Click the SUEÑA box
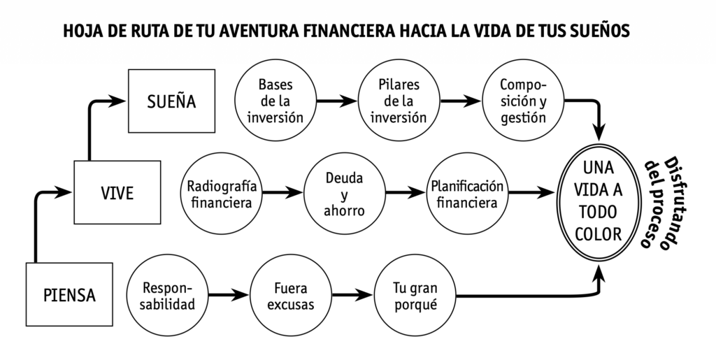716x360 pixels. [x=171, y=101]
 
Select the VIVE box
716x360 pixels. [x=117, y=193]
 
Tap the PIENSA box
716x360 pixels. [x=69, y=294]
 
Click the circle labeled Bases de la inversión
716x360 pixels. [x=275, y=101]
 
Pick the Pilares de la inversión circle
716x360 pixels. [x=399, y=101]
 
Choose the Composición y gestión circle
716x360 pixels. [x=523, y=101]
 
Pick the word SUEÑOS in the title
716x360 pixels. [x=602, y=31]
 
